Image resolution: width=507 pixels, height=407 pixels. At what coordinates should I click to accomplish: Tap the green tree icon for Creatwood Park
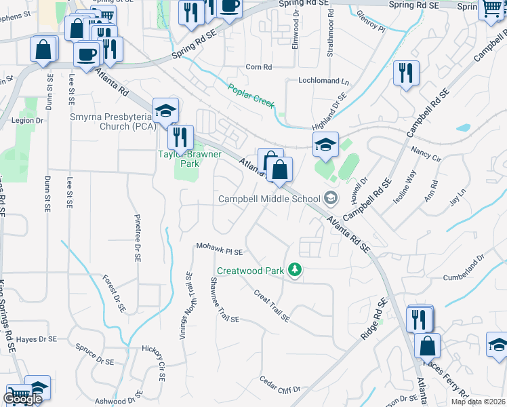tap(295, 271)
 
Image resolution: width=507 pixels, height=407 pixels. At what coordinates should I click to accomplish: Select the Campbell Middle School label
tap(269, 199)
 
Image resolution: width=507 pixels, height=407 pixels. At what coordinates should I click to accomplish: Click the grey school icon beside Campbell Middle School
tap(331, 199)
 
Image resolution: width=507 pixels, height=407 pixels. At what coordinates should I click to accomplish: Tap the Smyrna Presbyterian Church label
tap(113, 121)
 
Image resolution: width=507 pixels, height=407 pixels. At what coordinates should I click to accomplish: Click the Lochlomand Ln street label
tap(324, 81)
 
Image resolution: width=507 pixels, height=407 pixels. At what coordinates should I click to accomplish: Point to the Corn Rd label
tap(258, 67)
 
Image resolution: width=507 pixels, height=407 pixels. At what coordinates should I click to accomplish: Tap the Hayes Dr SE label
tap(36, 338)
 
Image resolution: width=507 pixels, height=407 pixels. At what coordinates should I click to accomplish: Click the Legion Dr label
tap(27, 121)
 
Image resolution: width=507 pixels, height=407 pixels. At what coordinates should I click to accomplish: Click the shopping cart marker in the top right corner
tap(491, 9)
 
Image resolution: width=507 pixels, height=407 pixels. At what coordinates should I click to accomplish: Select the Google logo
tap(22, 399)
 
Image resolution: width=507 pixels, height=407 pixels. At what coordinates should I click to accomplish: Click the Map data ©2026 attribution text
tap(478, 402)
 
